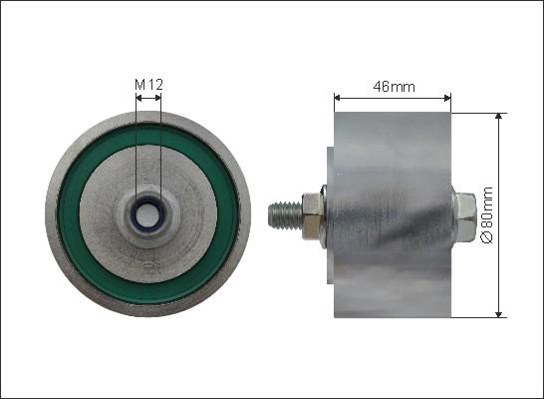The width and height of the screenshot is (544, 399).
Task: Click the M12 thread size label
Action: tap(147, 86)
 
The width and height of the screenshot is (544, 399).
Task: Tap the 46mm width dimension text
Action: tap(394, 87)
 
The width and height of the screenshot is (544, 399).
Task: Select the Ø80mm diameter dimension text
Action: tap(487, 214)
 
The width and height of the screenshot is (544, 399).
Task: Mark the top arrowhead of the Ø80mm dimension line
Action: tap(498, 116)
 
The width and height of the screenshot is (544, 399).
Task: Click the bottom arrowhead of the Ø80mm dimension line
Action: tap(498, 312)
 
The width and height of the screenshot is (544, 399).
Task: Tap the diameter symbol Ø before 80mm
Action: tap(487, 240)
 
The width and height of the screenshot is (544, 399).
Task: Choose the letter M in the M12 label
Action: tap(139, 86)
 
